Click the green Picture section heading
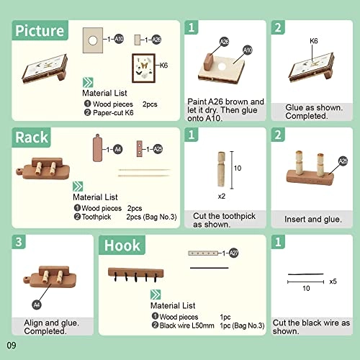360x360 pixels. (40, 31)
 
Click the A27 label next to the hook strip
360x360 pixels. (234, 253)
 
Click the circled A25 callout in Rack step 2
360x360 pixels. (343, 161)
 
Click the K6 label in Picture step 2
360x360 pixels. (314, 42)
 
